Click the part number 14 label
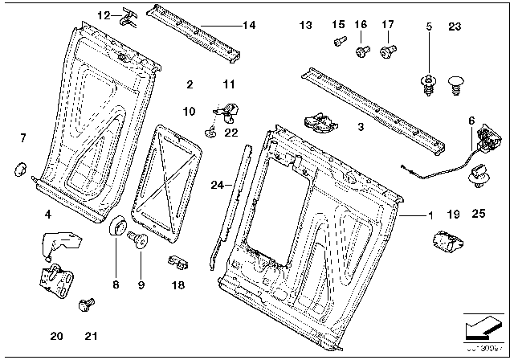point(249,26)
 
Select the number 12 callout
point(104,15)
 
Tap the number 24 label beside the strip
point(215,186)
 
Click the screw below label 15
point(337,40)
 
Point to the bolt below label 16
point(361,51)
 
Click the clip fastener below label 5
point(427,83)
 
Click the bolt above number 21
point(82,305)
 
